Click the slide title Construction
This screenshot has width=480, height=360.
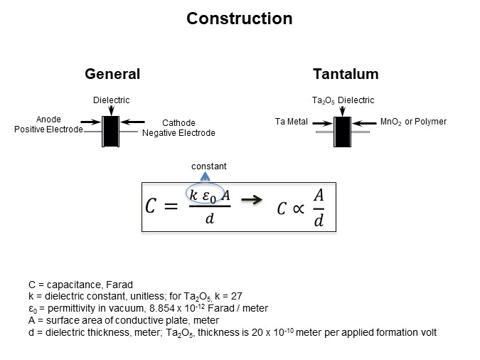coord(239,18)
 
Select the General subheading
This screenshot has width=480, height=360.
coord(112,74)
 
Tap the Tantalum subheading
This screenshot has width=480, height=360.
coord(346,74)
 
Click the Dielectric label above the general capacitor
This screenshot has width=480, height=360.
coord(112,100)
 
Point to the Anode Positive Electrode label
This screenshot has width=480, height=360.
coord(48,125)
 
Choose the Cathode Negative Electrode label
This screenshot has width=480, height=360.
coord(178,127)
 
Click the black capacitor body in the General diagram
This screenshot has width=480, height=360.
coord(111,131)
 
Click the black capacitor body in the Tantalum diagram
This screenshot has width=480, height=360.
coord(343,131)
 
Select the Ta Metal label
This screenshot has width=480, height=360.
coord(291,122)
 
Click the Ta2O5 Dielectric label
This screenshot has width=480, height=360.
coord(343,100)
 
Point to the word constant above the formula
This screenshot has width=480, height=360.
coord(209,166)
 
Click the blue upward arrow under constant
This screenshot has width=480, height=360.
coord(206,179)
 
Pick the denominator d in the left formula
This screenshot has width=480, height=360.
coord(209,219)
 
